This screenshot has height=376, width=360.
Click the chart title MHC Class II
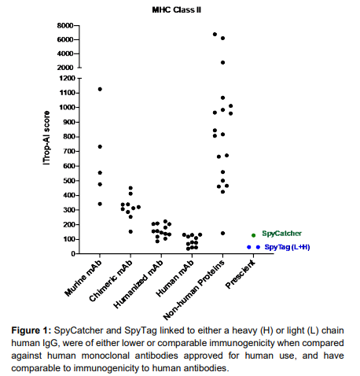(x=177, y=10)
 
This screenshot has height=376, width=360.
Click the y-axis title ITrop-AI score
(x=46, y=138)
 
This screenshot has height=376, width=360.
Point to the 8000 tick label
(x=65, y=25)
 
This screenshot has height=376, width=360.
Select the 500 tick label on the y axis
(x=69, y=181)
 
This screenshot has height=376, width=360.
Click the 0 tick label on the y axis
(x=73, y=254)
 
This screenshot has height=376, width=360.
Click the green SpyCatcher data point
(x=253, y=235)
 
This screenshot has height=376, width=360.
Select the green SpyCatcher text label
(x=281, y=234)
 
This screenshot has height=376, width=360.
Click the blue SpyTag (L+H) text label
(x=287, y=247)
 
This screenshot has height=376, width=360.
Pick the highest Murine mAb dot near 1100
(x=100, y=89)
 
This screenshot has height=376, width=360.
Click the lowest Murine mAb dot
(x=100, y=204)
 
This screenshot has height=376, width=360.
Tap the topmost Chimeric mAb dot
(x=130, y=188)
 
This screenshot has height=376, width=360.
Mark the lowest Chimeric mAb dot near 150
(x=130, y=231)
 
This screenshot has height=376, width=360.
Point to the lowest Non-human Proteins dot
(x=222, y=233)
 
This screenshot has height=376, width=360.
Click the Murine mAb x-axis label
(x=83, y=278)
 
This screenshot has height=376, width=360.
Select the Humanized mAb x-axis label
(x=138, y=284)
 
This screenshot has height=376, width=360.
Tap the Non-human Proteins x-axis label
(x=194, y=290)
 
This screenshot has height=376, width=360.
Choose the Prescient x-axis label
(x=241, y=274)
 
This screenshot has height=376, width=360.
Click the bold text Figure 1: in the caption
(x=31, y=330)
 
